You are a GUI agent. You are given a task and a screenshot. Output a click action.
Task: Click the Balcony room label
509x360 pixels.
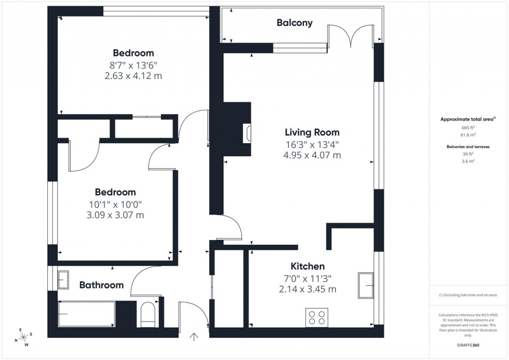click(294, 22)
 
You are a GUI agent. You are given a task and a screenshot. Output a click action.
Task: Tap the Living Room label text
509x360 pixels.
click(312, 132)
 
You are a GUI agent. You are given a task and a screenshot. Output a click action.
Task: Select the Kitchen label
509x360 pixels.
click(308, 266)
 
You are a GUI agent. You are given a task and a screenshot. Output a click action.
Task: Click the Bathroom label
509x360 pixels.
click(101, 285)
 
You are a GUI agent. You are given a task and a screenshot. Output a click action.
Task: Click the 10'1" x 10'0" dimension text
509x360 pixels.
click(115, 204)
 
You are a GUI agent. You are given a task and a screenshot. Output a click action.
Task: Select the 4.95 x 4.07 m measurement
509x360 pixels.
click(312, 155)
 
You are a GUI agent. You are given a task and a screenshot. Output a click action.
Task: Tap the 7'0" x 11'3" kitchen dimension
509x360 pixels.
click(308, 278)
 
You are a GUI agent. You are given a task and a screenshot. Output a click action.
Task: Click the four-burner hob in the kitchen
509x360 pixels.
click(317, 317)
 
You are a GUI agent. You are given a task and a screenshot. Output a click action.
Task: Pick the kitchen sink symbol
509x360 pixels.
click(366, 286)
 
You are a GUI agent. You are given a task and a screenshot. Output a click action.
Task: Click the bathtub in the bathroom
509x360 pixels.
click(86, 314)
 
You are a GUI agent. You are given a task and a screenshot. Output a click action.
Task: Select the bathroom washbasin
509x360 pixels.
click(63, 280)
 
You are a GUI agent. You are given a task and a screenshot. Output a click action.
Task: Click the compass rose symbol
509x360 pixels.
click(23, 337)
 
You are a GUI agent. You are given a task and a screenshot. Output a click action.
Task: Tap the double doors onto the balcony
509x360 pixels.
click(352, 36)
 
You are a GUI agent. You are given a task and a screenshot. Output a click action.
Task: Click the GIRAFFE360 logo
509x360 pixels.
click(467, 344)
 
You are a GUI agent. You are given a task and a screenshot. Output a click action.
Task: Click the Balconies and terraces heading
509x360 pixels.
click(467, 146)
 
